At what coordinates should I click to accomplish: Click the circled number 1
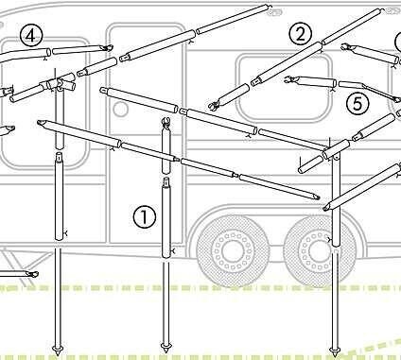pos(145,216)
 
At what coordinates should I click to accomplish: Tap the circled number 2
pos(301,34)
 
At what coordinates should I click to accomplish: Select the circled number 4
pos(30,36)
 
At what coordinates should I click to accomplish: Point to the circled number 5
pos(357,104)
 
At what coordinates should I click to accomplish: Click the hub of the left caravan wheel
pos(233,250)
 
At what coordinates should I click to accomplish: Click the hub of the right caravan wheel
pos(319,250)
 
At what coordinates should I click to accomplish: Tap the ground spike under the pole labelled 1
pos(166,348)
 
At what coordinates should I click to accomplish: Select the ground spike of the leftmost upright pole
pos(58,349)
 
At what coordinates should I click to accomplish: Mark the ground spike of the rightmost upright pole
pos(334,351)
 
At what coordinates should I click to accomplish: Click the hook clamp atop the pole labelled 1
pos(166,122)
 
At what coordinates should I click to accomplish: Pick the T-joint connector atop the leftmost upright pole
pos(59,83)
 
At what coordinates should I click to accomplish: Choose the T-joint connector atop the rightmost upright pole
pos(336,150)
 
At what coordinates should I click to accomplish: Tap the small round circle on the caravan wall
pos(120,110)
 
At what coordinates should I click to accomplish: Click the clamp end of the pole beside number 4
pos(107,48)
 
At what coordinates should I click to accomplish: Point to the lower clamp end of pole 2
pos(215,105)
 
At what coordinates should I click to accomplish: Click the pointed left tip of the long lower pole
pos(41,123)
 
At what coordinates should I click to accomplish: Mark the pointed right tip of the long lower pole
pos(315,197)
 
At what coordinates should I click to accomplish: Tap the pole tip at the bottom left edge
pos(32,274)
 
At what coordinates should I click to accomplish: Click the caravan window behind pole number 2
pos(284,89)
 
